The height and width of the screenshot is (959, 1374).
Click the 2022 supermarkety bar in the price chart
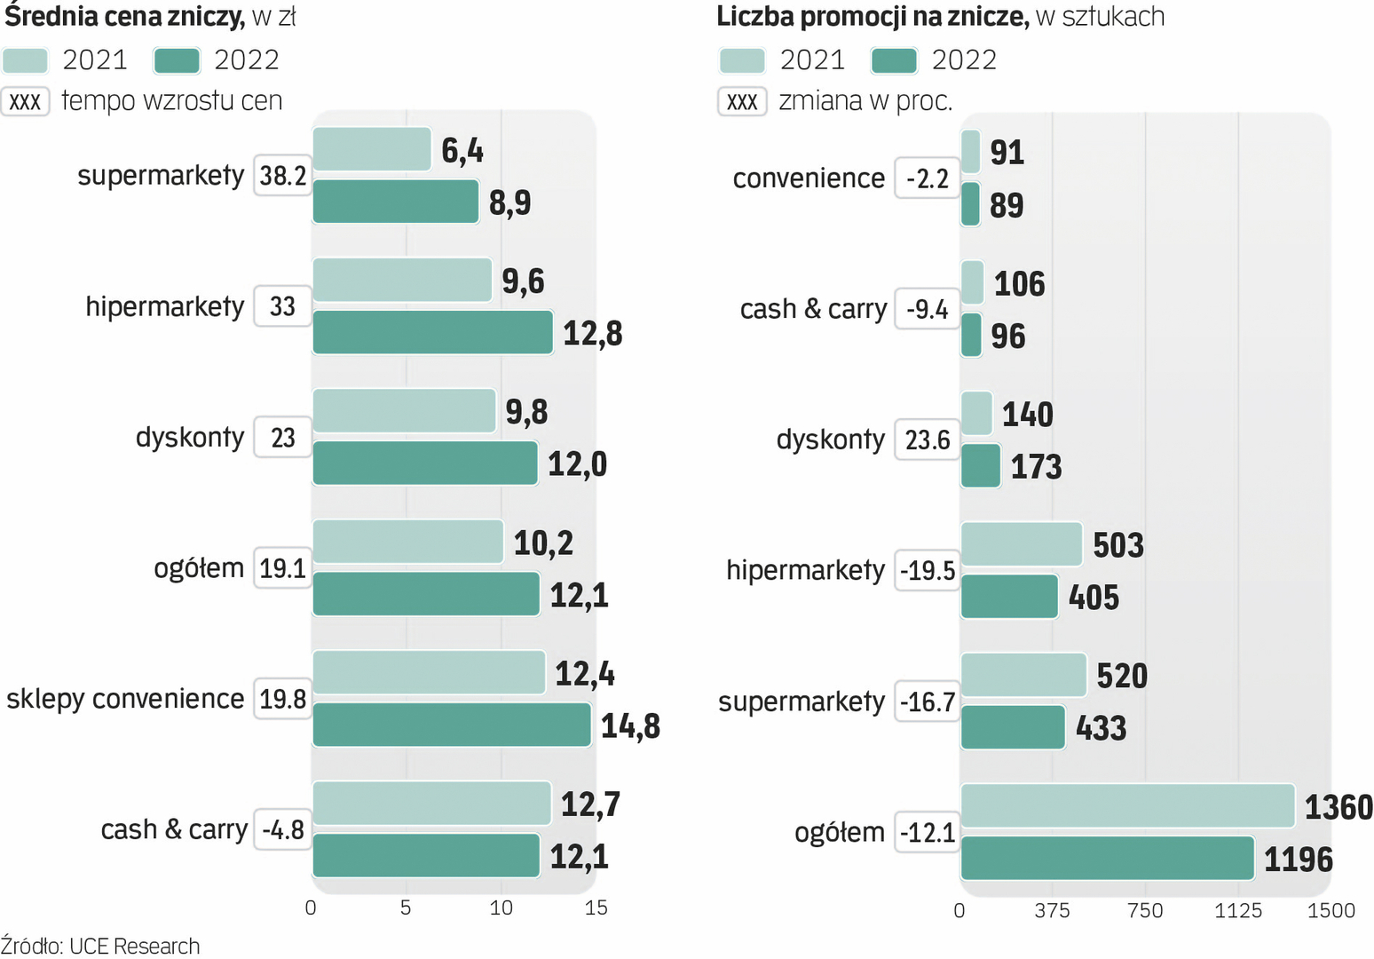point(396,202)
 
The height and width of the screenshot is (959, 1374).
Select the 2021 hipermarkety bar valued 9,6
point(402,280)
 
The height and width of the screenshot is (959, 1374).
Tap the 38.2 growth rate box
point(282,176)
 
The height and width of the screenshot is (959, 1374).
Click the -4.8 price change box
point(283,829)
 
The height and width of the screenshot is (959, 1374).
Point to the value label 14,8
point(630,726)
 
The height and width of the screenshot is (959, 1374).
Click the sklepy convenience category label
point(125,699)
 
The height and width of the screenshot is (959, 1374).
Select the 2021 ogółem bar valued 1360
point(1127,805)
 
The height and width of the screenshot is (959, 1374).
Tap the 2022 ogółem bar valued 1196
point(1107,858)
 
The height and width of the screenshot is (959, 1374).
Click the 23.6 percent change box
point(928,440)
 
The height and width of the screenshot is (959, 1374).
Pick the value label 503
point(1118,545)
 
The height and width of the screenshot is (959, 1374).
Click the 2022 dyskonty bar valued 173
point(981,466)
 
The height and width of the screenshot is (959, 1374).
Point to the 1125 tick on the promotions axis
point(1237,910)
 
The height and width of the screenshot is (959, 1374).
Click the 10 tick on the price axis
point(501,907)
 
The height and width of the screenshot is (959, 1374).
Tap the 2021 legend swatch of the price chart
point(25,60)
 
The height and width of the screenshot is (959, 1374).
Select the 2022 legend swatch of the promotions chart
point(894,60)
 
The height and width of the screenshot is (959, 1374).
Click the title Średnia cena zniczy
point(125,16)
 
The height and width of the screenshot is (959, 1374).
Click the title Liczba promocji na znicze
point(873,16)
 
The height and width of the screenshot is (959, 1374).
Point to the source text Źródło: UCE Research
point(100,946)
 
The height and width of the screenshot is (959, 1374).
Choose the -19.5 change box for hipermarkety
point(928,570)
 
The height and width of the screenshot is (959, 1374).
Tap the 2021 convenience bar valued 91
point(970,152)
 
